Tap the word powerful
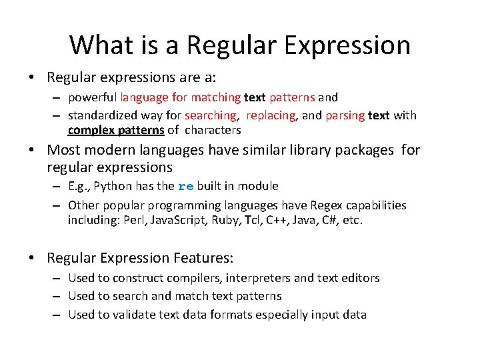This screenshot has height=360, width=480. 91,97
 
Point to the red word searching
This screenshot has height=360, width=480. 211,115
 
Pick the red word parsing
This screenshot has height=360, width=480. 345,115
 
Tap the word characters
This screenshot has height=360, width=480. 213,130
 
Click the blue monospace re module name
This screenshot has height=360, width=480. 186,187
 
